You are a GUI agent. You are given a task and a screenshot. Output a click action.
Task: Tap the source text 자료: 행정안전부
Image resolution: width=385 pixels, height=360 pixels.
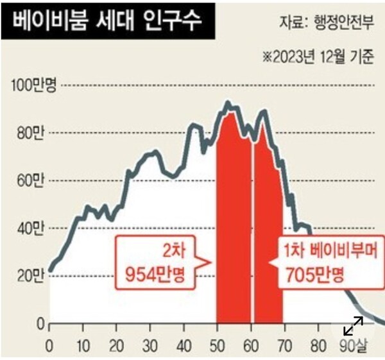point(325,22)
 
